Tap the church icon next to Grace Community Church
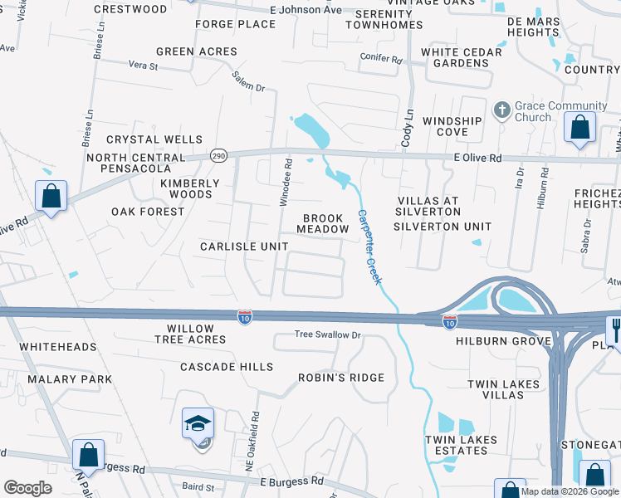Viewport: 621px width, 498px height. [501, 110]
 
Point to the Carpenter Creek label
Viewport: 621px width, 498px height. [369, 247]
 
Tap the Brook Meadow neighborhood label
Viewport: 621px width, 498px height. [323, 222]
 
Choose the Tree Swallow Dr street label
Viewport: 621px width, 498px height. [329, 335]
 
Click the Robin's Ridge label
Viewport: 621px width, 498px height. [341, 378]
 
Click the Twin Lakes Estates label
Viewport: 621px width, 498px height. [461, 445]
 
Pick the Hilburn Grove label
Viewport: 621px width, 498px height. [509, 341]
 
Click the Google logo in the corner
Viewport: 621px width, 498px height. [27, 488]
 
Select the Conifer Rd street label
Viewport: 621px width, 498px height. [381, 60]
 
